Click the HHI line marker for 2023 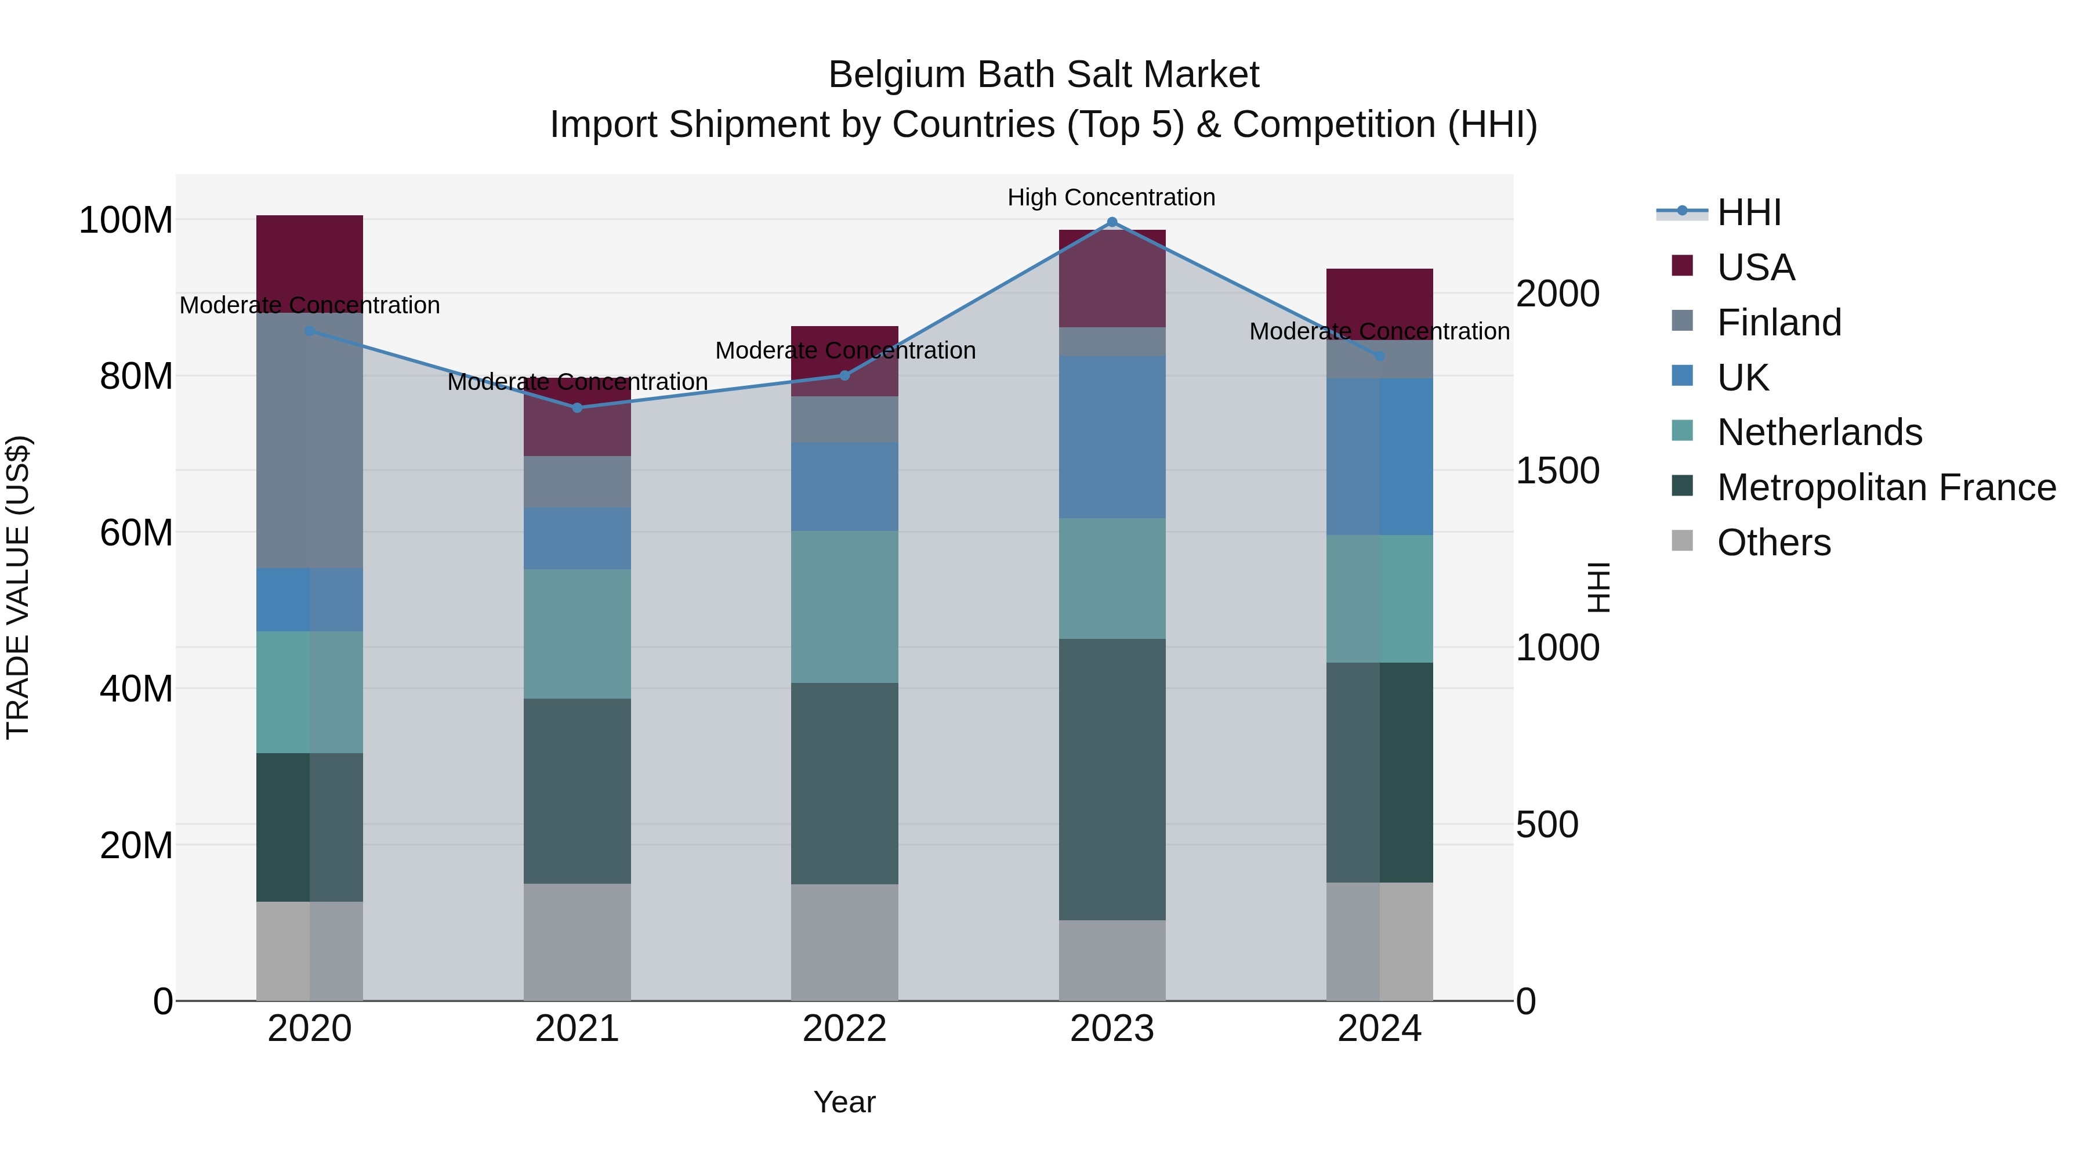[x=1112, y=222]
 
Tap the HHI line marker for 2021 [x=577, y=408]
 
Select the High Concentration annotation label [x=1111, y=197]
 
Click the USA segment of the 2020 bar [x=310, y=263]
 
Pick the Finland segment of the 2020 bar [x=310, y=440]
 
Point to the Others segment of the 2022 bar [x=844, y=942]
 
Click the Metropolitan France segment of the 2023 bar [x=1112, y=779]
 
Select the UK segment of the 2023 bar [x=1112, y=436]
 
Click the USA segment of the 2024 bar [x=1380, y=303]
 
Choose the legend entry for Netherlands [x=1818, y=432]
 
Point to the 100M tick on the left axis [x=126, y=220]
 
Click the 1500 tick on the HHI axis [x=1557, y=471]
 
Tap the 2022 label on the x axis [x=844, y=1029]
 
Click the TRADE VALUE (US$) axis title [x=18, y=587]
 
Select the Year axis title [x=844, y=1102]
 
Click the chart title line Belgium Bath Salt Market [x=1043, y=75]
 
